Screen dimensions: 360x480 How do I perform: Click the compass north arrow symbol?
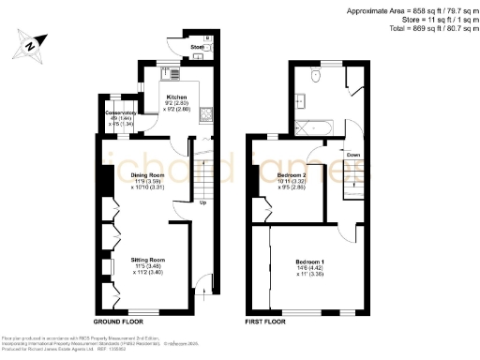pos(32,44)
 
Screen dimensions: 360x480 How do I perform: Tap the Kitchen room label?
pos(178,97)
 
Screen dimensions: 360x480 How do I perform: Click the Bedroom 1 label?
pos(309,261)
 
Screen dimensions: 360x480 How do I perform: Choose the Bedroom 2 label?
pos(292,175)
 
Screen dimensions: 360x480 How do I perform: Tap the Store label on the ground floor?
pos(197,45)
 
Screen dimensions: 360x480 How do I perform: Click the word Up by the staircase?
pos(202,201)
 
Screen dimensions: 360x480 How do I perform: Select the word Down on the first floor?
pos(352,155)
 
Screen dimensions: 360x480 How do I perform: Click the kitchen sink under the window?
pos(170,76)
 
